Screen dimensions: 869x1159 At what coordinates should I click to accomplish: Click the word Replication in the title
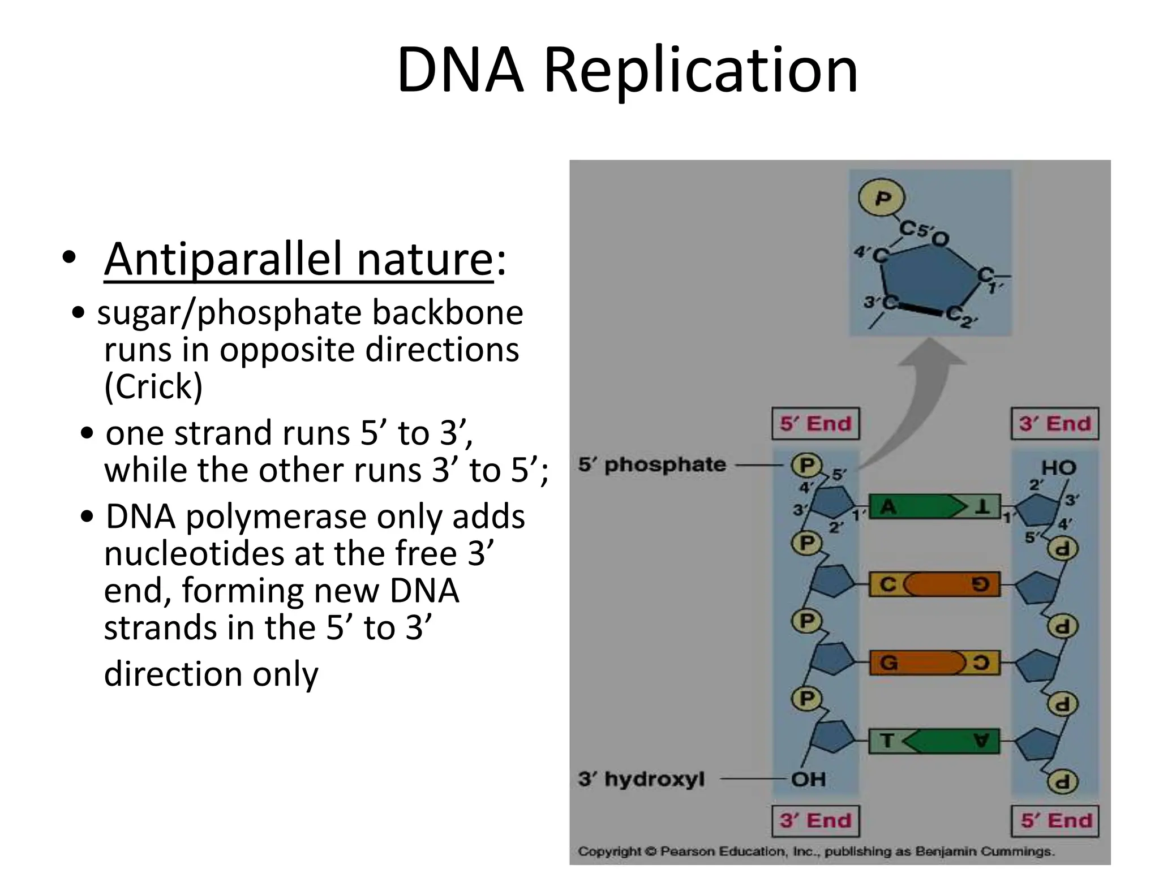(x=700, y=71)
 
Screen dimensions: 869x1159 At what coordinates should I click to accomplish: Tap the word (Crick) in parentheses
(x=153, y=387)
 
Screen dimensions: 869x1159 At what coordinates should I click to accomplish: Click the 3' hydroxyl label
(x=641, y=779)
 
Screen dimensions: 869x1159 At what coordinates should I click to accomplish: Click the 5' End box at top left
(x=815, y=424)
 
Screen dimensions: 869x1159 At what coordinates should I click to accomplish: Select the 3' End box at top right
(x=1055, y=424)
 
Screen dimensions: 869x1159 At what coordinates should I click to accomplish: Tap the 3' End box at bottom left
(x=815, y=820)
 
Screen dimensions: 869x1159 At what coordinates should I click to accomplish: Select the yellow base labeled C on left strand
(x=887, y=584)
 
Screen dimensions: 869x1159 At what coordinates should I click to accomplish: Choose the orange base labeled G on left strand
(x=911, y=662)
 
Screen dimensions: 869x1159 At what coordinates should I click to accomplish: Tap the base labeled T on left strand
(x=887, y=741)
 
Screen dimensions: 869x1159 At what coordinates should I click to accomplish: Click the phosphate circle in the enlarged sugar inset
(x=882, y=198)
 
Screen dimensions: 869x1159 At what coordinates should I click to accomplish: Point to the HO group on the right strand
(x=1058, y=468)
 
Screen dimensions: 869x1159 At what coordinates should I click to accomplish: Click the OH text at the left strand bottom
(x=808, y=780)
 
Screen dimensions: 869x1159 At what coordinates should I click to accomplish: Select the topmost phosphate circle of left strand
(x=806, y=466)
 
